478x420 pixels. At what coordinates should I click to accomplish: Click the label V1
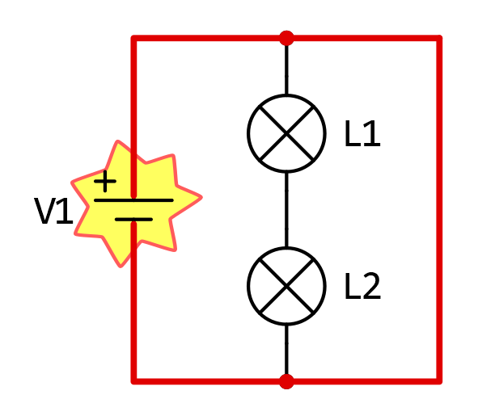(53, 211)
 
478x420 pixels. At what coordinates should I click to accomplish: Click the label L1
(362, 133)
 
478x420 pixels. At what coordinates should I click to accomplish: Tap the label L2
(362, 286)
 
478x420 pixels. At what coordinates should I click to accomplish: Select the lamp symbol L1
(286, 133)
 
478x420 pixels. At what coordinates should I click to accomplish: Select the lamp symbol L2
(286, 286)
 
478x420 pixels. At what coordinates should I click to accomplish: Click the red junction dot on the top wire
(286, 38)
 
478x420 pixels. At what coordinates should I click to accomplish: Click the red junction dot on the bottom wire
(286, 381)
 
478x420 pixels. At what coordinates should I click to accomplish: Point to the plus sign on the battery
(105, 182)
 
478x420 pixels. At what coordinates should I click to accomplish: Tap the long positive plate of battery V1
(133, 200)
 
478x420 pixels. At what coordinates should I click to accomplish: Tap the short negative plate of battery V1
(133, 220)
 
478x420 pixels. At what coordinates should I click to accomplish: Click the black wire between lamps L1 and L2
(286, 210)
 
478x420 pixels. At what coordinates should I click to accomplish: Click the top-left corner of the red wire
(133, 38)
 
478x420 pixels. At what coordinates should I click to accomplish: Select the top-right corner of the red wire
(439, 38)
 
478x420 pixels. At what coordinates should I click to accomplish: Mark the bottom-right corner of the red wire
(439, 381)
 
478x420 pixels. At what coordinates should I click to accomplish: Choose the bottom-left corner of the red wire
(133, 381)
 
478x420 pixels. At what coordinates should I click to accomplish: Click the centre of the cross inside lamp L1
(286, 133)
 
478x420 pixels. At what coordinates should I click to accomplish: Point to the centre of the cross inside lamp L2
(286, 286)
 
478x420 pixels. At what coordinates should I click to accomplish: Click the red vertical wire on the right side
(439, 210)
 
